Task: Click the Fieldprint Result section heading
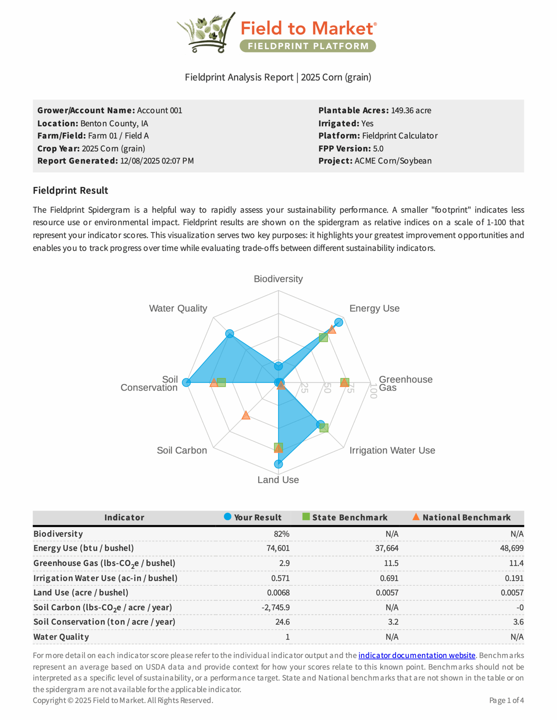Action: [70, 191]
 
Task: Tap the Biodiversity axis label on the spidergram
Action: [278, 279]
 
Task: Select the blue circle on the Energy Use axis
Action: [338, 322]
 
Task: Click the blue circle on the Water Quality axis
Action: [229, 333]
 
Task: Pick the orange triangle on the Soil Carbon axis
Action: [246, 416]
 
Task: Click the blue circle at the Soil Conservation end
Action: [186, 382]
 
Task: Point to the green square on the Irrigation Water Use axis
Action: [324, 428]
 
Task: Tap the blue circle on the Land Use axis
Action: [278, 464]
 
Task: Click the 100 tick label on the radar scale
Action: [373, 391]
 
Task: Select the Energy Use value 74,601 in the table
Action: [278, 548]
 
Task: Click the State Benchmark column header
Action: [349, 517]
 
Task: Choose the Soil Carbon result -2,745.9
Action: [276, 607]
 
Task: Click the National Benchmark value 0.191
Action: [514, 578]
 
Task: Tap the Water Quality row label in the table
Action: [61, 637]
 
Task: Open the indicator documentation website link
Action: [417, 655]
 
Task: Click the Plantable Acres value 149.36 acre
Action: [411, 110]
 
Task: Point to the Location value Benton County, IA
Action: [114, 123]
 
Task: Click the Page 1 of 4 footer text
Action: [506, 700]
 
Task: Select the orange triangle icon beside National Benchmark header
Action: [416, 517]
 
